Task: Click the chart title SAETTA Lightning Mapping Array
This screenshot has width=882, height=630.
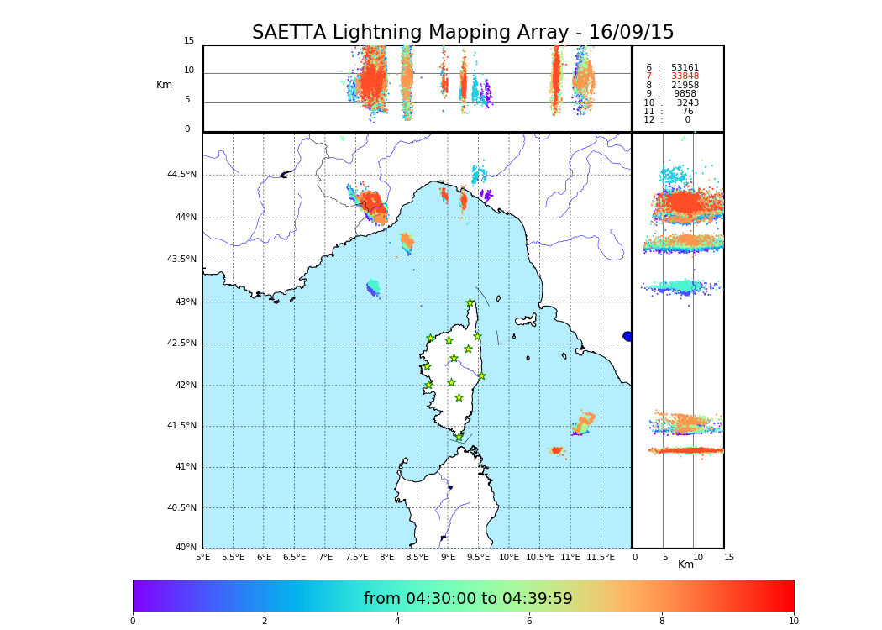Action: coord(463,33)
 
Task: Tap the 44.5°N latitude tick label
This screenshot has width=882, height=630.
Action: coord(181,175)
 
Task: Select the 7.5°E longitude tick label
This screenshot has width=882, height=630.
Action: coord(356,557)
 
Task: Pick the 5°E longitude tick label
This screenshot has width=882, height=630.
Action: coord(202,557)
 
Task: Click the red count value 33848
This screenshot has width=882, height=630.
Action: coord(685,76)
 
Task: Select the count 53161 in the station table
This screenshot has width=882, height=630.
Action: coord(685,67)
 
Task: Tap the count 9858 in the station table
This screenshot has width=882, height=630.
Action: coord(685,94)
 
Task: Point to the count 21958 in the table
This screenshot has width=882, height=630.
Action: coord(685,85)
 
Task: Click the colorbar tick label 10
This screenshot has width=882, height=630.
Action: coord(793,621)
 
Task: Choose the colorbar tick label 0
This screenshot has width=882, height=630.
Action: coord(133,621)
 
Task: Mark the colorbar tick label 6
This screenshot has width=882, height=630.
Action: coord(529,621)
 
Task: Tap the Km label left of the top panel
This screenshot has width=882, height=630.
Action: coord(164,85)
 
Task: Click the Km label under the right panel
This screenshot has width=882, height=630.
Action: coord(685,564)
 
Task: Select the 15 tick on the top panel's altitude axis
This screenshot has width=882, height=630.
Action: coord(189,41)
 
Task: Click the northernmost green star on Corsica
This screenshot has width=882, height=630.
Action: coord(470,303)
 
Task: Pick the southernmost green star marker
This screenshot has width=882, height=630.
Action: coord(459,437)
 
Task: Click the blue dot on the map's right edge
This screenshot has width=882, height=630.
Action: coord(627,336)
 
